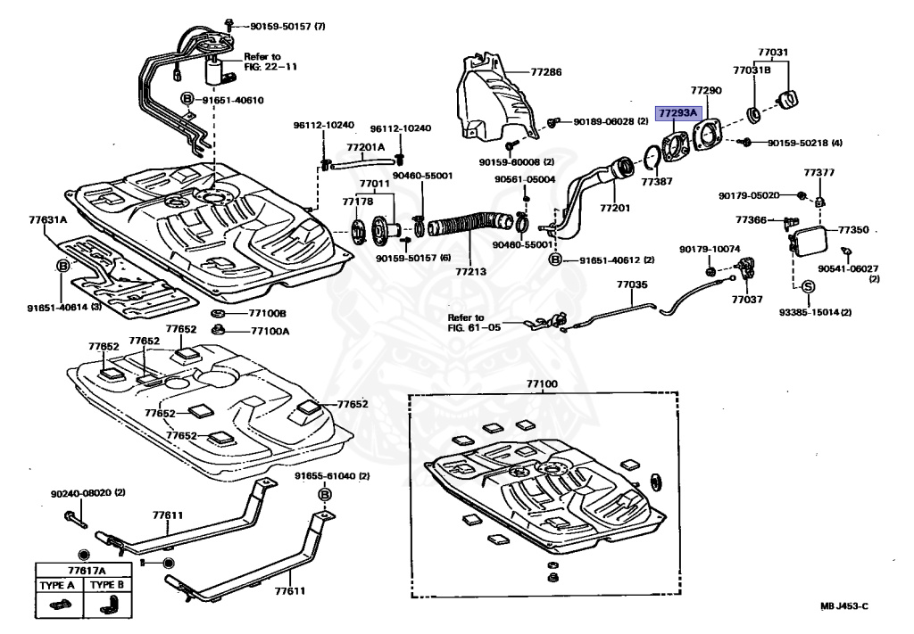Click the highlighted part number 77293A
(678, 113)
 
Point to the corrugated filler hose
(463, 231)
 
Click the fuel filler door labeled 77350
(810, 240)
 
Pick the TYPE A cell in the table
(59, 585)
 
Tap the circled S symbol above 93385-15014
(806, 287)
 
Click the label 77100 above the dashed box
(541, 384)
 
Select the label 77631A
(47, 218)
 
